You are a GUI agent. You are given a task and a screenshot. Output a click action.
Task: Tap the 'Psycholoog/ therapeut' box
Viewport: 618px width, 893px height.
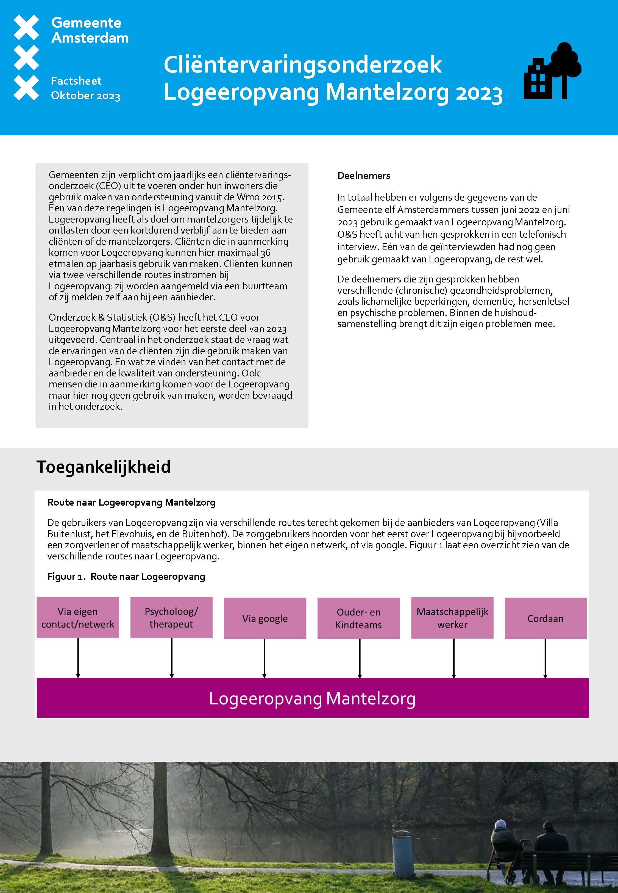171,617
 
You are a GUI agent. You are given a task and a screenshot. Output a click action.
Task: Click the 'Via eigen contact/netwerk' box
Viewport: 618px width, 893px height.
78,617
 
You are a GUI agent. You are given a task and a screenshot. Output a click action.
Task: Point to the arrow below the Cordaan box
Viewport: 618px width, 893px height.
545,658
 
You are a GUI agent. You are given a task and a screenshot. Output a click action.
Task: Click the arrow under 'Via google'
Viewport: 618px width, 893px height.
265,658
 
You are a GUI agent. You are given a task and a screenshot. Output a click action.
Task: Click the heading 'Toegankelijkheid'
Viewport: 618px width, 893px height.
103,467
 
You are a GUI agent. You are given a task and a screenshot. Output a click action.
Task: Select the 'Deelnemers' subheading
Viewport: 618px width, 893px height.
364,175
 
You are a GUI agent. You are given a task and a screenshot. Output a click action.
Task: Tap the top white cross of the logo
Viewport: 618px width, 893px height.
26,27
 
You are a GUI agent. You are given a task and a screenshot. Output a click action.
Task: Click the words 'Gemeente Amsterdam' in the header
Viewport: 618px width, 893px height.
90,30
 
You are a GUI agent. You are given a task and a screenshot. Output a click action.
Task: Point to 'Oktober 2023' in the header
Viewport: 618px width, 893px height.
86,96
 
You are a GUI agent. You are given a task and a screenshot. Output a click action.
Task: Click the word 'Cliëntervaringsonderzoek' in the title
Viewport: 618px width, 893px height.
302,65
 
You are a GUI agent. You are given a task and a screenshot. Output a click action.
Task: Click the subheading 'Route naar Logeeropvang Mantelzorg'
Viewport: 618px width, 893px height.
131,502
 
